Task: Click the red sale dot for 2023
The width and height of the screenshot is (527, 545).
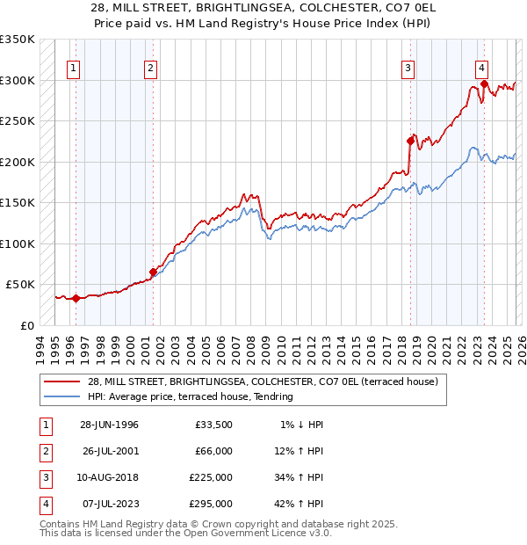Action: [484, 84]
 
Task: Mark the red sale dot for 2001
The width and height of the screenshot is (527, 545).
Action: [153, 272]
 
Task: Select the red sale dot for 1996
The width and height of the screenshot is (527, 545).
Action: [76, 298]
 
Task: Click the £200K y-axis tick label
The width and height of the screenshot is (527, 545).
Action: [17, 162]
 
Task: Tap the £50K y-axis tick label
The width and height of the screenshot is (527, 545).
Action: [19, 285]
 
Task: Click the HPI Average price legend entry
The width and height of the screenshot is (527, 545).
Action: [190, 397]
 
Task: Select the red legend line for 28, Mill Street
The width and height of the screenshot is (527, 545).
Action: [61, 382]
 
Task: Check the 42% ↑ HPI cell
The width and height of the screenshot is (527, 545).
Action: [298, 505]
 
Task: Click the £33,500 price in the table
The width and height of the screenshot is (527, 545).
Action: [213, 425]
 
